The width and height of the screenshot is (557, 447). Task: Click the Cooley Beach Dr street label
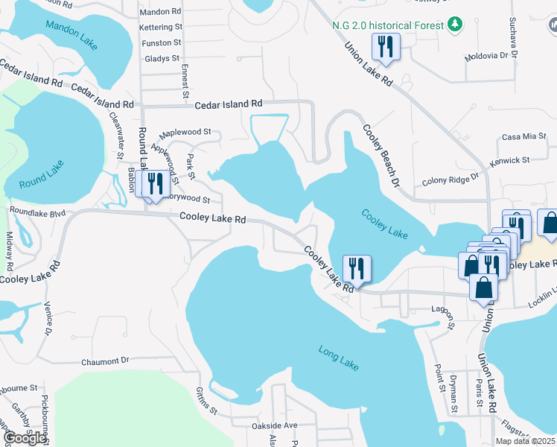pyautogui.click(x=381, y=155)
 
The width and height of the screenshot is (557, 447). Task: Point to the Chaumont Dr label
pyautogui.click(x=104, y=361)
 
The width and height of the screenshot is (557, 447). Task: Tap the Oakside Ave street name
pyautogui.click(x=275, y=425)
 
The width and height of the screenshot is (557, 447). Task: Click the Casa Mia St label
pyautogui.click(x=524, y=136)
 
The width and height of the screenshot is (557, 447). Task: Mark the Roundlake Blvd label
pyautogui.click(x=37, y=211)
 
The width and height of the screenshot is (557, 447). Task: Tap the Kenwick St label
pyautogui.click(x=509, y=160)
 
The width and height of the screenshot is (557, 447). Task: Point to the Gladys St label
pyautogui.click(x=162, y=58)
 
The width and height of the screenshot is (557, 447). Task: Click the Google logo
pyautogui.click(x=25, y=438)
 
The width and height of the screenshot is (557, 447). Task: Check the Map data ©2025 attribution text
pyautogui.click(x=526, y=441)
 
